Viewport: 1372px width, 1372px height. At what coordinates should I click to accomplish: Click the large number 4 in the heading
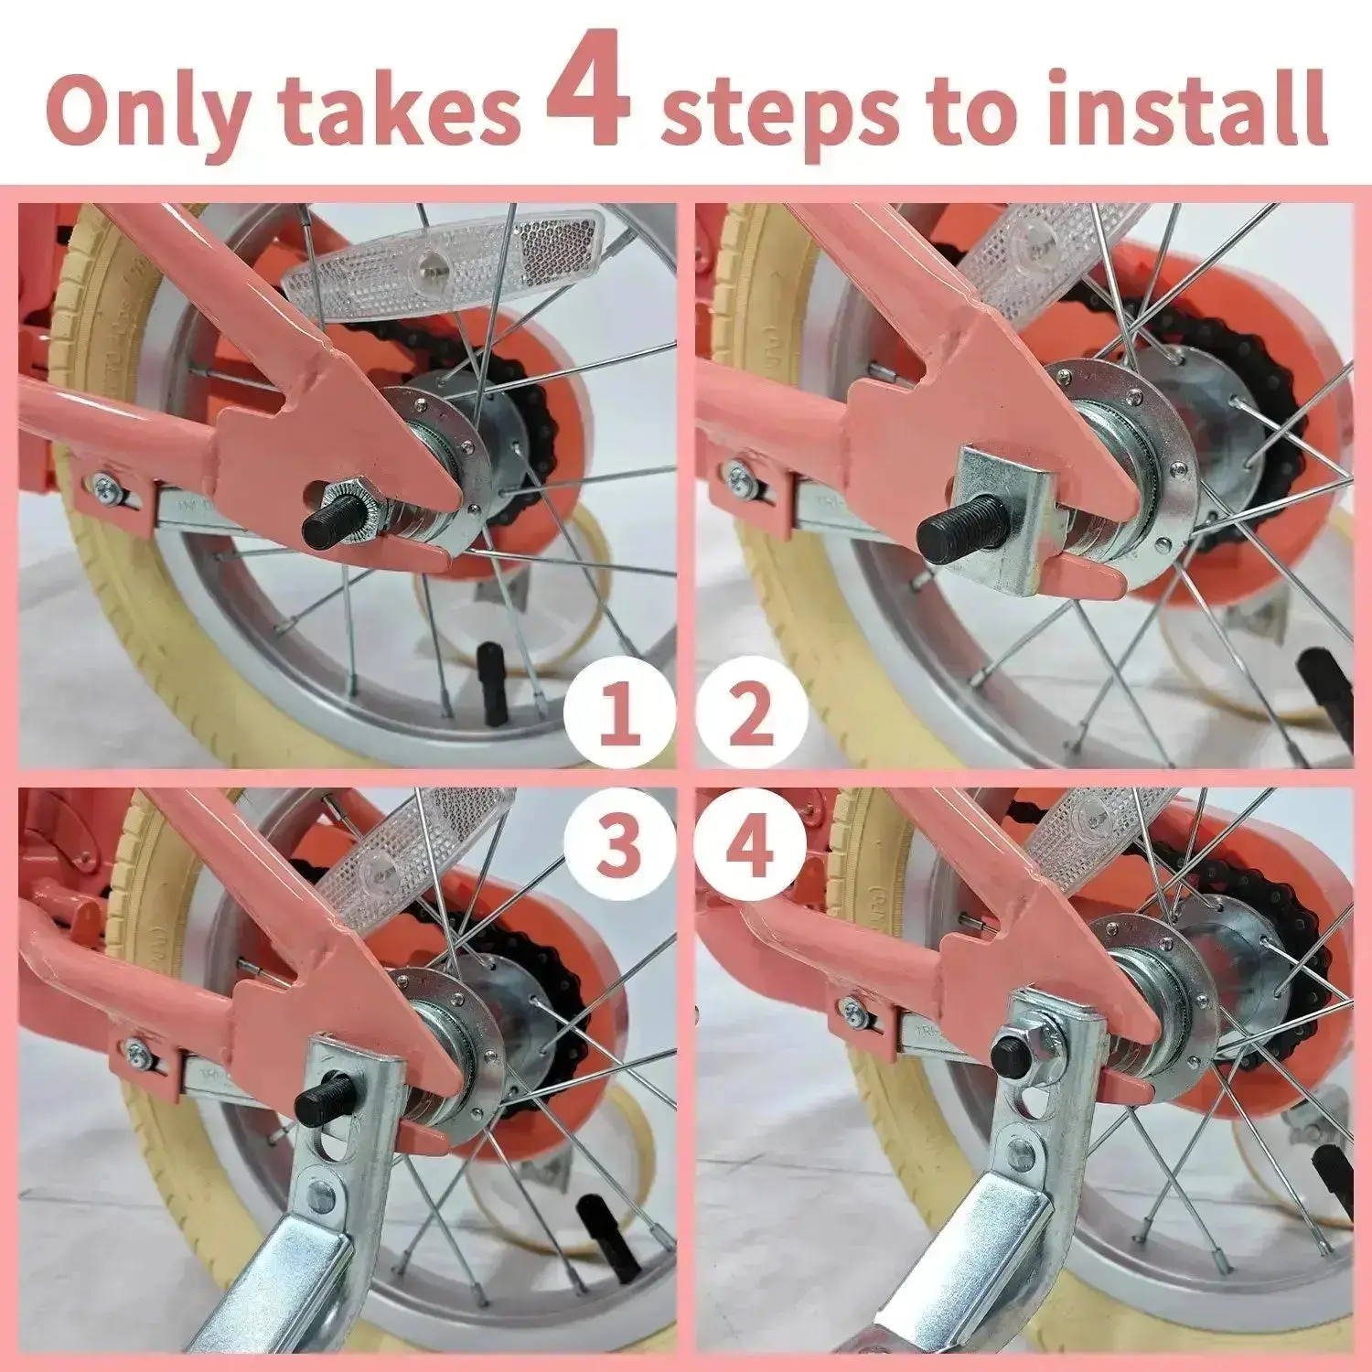(588, 91)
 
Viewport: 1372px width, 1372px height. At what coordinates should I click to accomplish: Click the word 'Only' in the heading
(146, 112)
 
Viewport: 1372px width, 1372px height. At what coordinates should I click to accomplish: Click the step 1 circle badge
(619, 714)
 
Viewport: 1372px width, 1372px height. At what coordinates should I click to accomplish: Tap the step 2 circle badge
(751, 714)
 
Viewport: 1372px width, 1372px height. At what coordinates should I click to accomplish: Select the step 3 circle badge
(619, 843)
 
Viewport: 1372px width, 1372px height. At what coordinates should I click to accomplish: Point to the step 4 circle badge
(751, 843)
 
